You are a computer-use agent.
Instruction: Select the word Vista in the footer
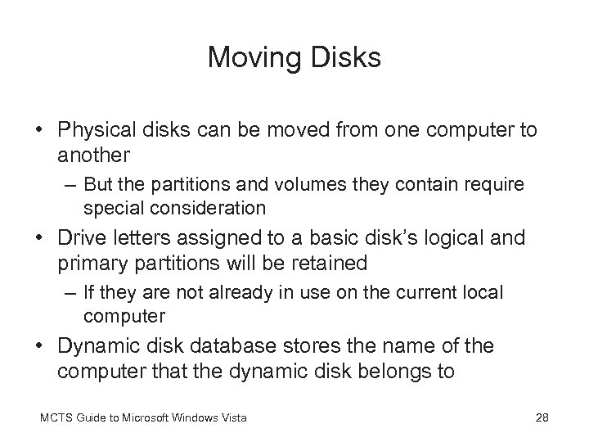232,418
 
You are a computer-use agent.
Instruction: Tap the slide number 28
541,418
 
